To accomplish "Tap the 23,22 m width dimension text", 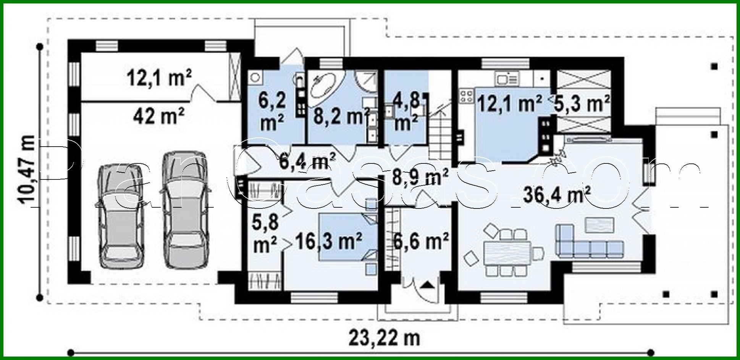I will [x=384, y=338].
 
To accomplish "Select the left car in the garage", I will [x=121, y=216].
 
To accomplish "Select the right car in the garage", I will [x=186, y=210].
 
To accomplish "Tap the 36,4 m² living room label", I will [x=556, y=195].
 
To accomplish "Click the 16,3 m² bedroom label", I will [x=328, y=241].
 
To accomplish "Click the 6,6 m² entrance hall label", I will [x=421, y=241].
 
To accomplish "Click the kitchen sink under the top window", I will [x=507, y=79].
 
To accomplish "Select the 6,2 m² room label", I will [x=272, y=111].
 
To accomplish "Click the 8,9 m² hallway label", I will [x=420, y=178].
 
